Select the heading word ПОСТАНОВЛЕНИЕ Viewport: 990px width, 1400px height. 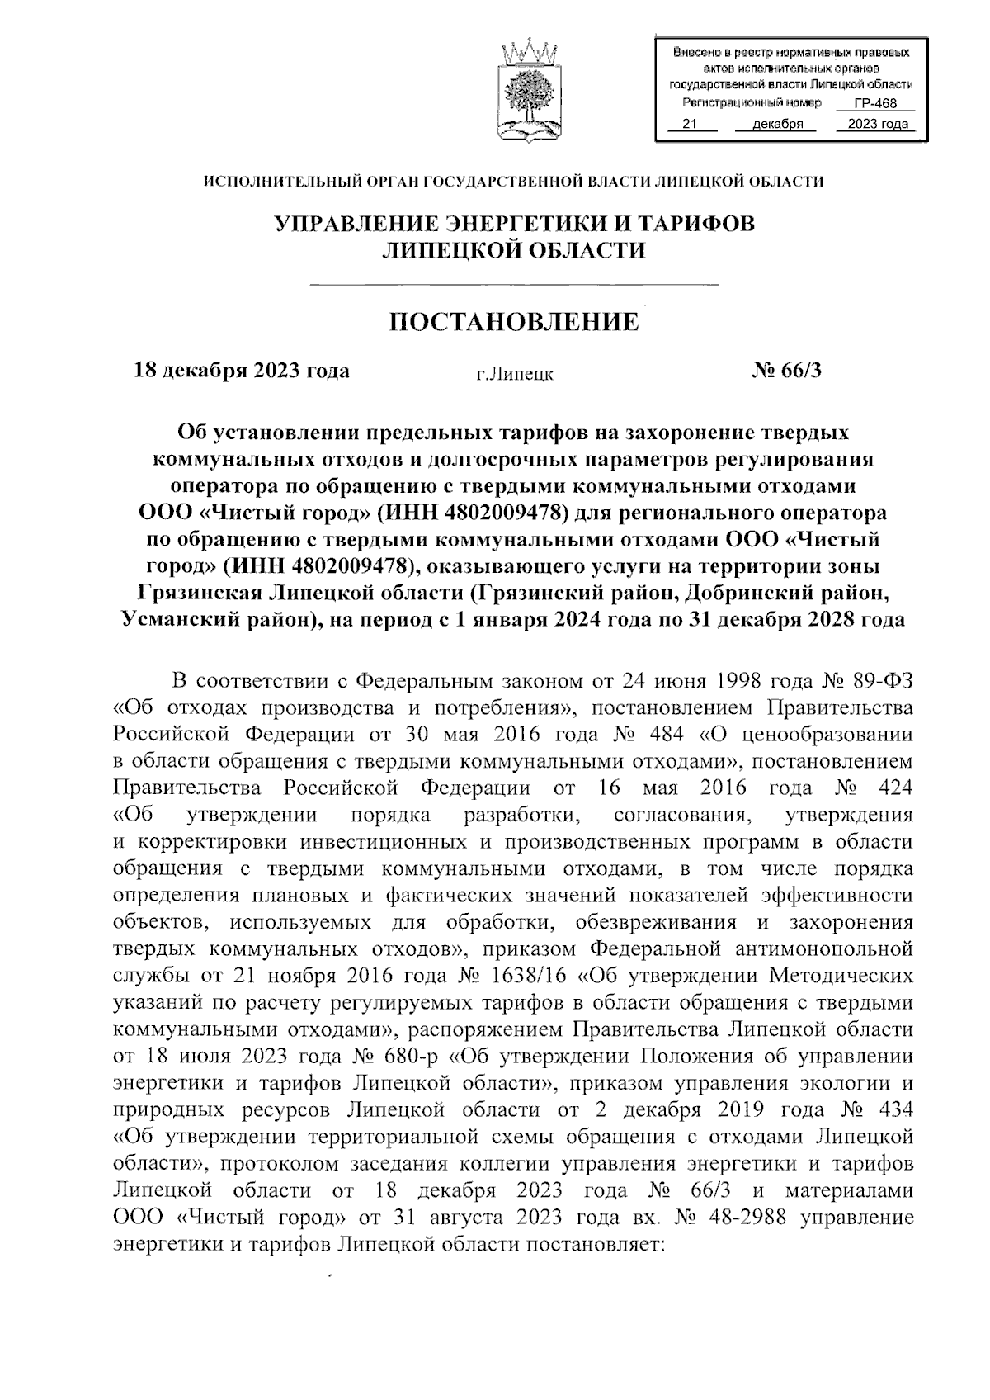tap(514, 321)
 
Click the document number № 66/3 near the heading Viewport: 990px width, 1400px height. tap(786, 370)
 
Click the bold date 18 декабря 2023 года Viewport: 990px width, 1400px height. tap(242, 370)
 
